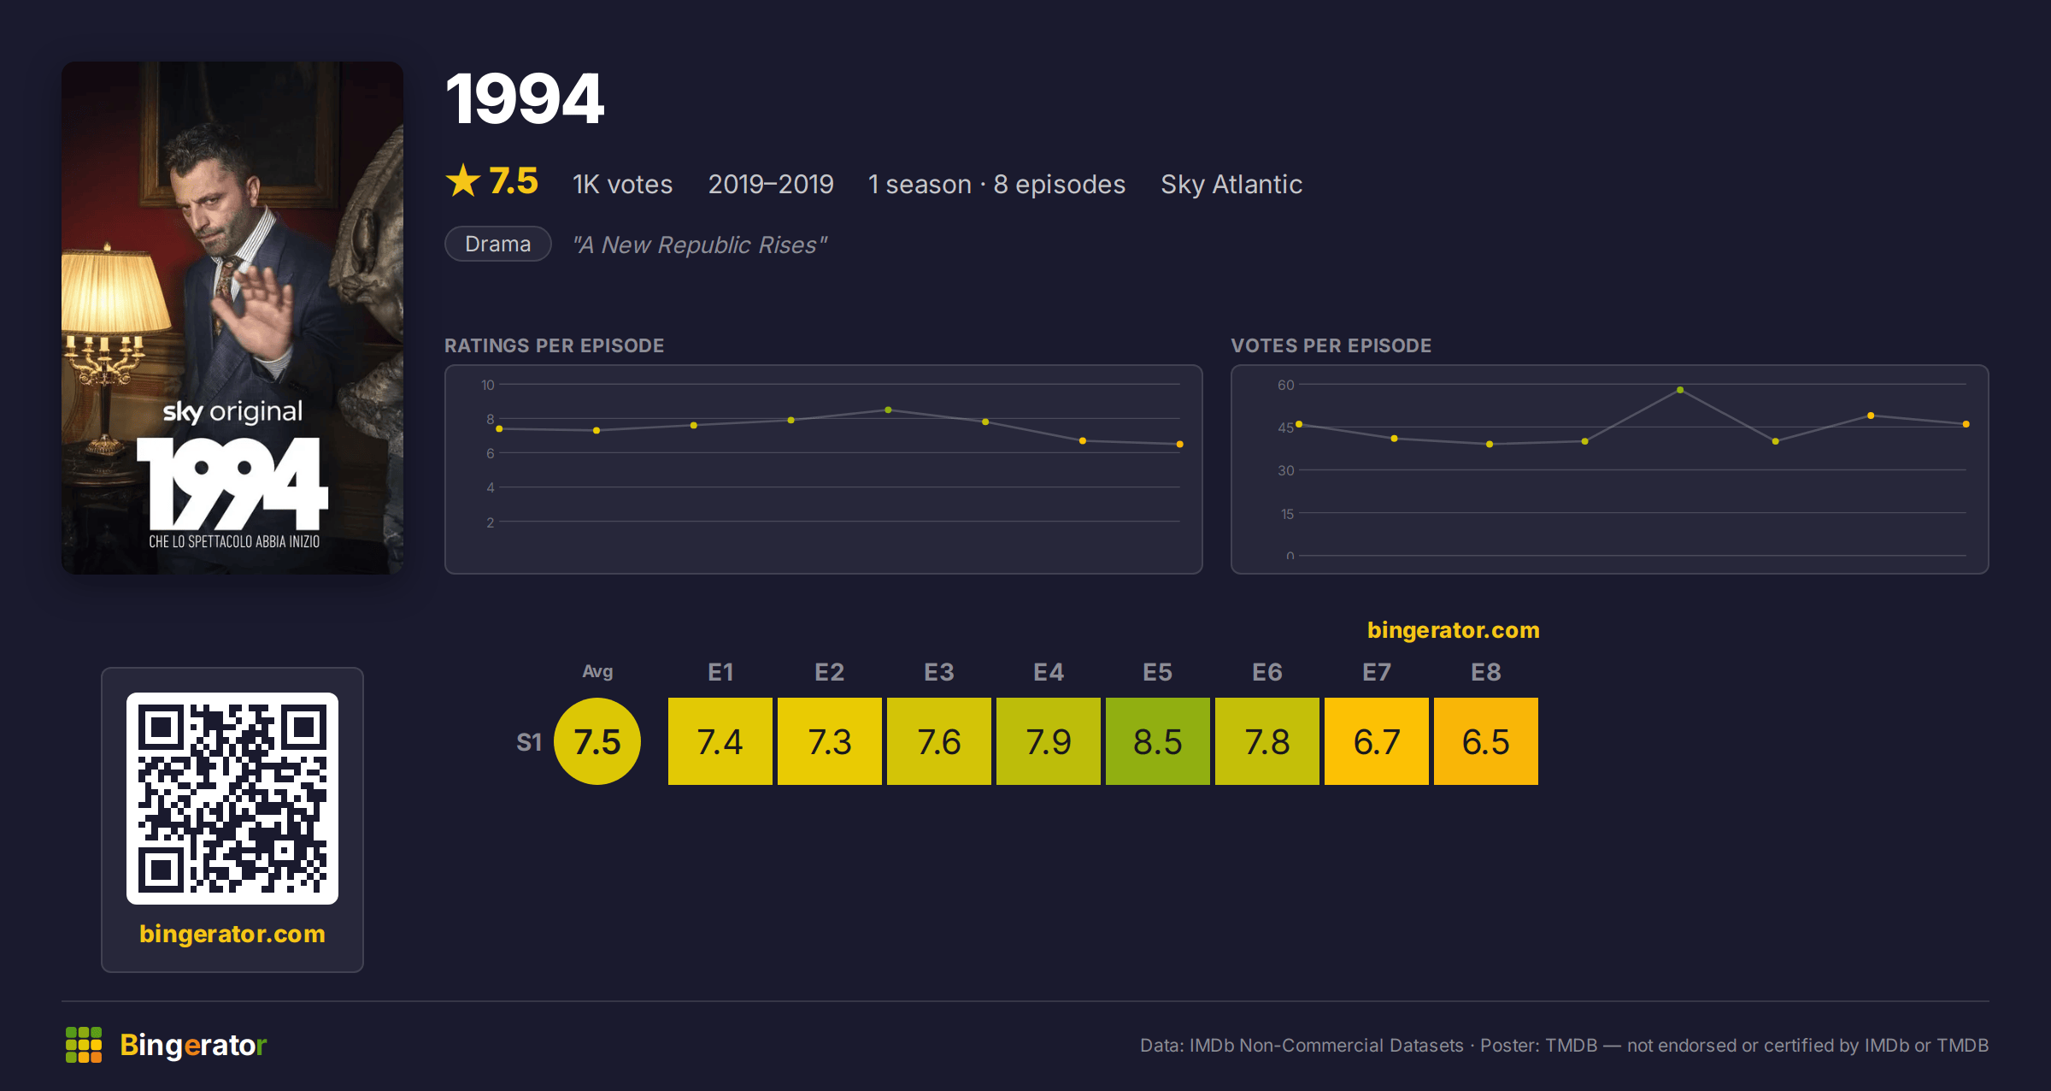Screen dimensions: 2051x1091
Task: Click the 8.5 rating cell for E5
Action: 1157,741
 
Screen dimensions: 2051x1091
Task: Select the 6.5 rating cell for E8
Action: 1485,741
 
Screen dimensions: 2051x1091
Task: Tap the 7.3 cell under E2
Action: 829,741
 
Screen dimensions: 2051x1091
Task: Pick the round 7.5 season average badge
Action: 597,741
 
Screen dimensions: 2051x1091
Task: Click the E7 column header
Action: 1376,672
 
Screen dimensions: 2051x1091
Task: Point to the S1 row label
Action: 529,742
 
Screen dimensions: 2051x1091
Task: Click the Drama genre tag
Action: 498,244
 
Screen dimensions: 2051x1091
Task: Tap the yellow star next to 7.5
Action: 463,180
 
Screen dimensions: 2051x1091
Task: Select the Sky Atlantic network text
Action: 1231,184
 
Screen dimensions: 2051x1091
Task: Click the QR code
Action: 232,798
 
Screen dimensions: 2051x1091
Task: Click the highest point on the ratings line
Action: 889,410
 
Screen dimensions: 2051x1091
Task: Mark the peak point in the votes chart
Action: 1680,390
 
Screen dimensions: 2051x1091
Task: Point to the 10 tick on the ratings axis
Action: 488,385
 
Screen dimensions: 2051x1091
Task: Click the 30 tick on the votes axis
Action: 1286,470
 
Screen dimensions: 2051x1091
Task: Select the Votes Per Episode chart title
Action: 1331,345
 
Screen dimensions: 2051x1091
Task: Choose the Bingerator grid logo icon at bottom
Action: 84,1045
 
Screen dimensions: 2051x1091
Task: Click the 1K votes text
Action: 623,184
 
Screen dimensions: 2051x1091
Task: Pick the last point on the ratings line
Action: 1180,445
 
